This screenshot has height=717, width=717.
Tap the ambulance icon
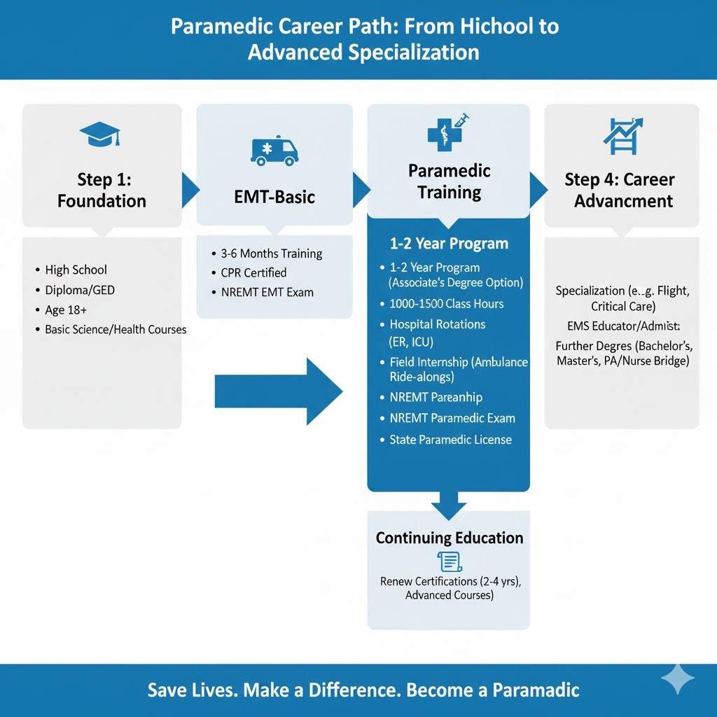pos(274,150)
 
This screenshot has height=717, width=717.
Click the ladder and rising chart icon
pos(621,135)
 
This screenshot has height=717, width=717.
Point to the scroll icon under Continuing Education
pos(449,562)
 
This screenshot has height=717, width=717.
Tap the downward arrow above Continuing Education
pos(448,504)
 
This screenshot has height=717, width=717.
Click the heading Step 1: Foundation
pos(102,190)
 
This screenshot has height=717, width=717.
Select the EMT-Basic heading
pos(274,197)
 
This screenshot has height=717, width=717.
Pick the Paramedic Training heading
pos(449,181)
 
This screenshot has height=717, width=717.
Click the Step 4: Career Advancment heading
pos(620,190)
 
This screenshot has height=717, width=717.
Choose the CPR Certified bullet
pos(253,272)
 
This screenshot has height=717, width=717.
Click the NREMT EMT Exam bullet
pos(267,292)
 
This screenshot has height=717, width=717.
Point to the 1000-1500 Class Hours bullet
pos(446,304)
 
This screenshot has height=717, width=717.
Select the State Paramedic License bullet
pos(450,440)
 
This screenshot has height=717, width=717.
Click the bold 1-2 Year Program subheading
pos(449,244)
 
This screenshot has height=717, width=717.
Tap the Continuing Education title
pos(449,538)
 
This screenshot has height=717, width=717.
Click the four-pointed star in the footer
pos(678,679)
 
